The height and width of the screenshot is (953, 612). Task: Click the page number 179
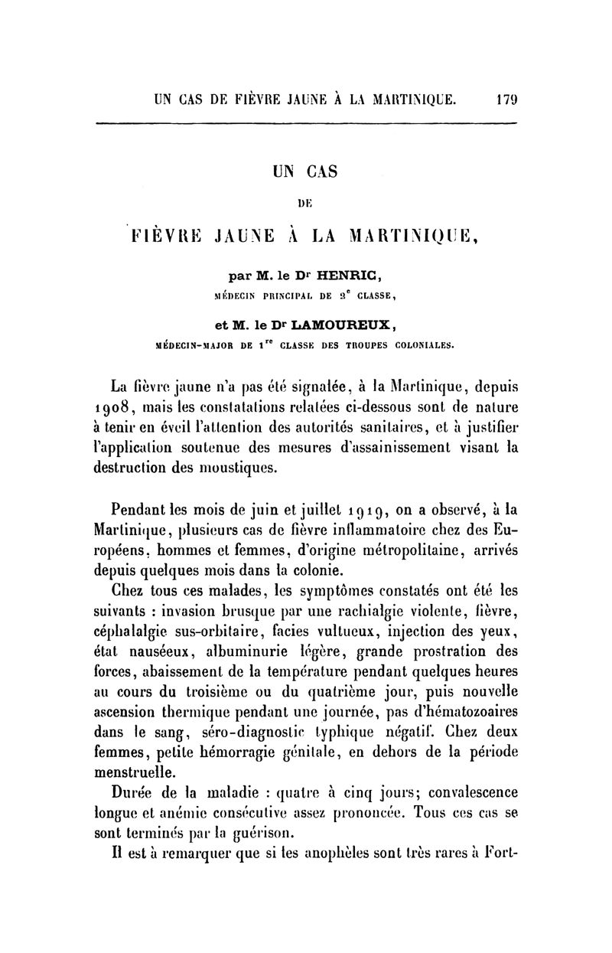(x=505, y=99)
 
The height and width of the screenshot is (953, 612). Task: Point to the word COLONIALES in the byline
(x=420, y=344)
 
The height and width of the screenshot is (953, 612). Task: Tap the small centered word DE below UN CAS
(x=305, y=204)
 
